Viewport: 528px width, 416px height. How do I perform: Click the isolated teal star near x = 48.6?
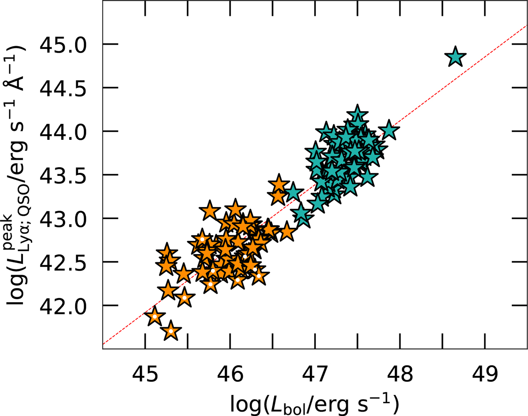pos(455,57)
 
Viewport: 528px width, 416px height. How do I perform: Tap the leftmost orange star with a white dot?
pos(155,317)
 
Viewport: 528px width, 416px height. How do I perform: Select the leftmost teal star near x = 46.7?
pos(293,192)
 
